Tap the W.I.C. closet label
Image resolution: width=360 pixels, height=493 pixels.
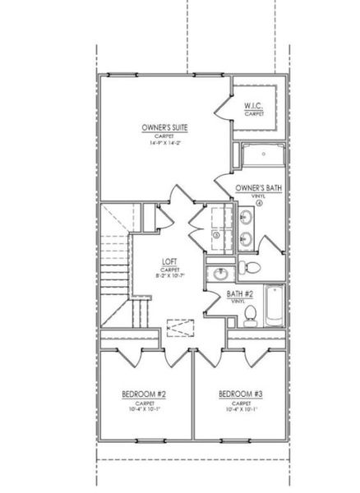(253, 107)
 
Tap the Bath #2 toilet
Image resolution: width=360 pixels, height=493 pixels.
(253, 313)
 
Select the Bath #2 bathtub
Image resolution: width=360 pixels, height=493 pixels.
(275, 306)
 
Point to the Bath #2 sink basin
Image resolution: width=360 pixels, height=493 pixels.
(218, 274)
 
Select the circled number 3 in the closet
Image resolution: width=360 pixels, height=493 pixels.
(215, 235)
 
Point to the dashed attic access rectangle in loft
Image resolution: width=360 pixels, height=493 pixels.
(178, 327)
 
